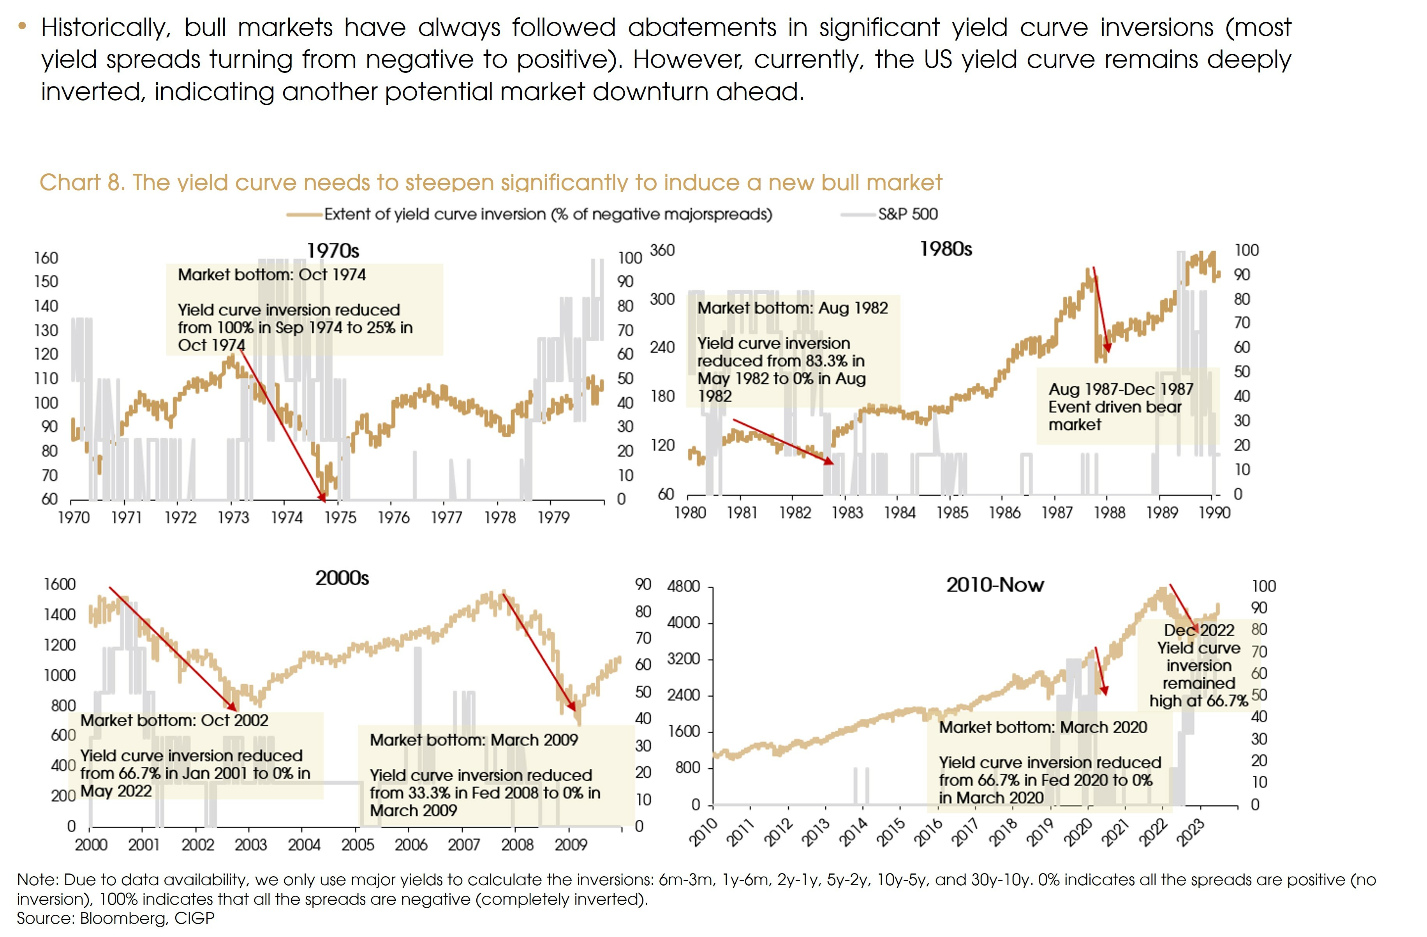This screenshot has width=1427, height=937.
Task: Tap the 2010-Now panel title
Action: pyautogui.click(x=995, y=585)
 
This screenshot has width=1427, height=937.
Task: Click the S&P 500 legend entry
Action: pyautogui.click(x=907, y=214)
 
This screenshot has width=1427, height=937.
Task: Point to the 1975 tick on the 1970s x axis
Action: pyautogui.click(x=340, y=517)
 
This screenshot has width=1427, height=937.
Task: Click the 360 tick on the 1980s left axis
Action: pyautogui.click(x=662, y=250)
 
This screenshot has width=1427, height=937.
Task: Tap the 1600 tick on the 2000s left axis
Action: pyautogui.click(x=59, y=584)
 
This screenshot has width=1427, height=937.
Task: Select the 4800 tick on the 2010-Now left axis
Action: pyautogui.click(x=684, y=586)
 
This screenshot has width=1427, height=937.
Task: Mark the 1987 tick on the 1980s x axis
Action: pyautogui.click(x=1057, y=513)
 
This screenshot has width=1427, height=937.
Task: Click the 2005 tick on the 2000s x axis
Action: pyautogui.click(x=358, y=845)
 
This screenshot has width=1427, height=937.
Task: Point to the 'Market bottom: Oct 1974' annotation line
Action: pyautogui.click(x=271, y=275)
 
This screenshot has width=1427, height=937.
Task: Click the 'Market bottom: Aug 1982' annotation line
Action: pyautogui.click(x=792, y=308)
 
